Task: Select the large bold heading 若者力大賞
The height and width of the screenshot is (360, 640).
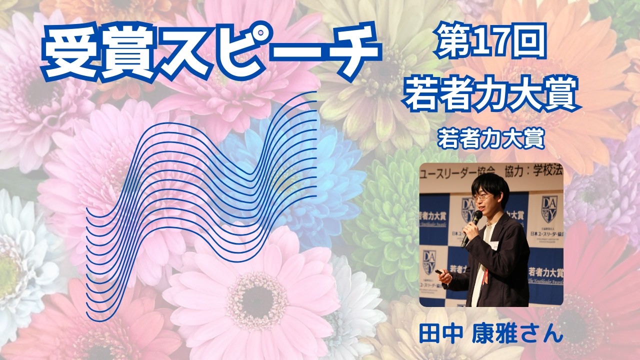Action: [x=492, y=95]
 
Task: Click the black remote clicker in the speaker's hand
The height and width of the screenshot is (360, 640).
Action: [x=440, y=273]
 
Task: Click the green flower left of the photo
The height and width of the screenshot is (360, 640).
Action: [x=385, y=225]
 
